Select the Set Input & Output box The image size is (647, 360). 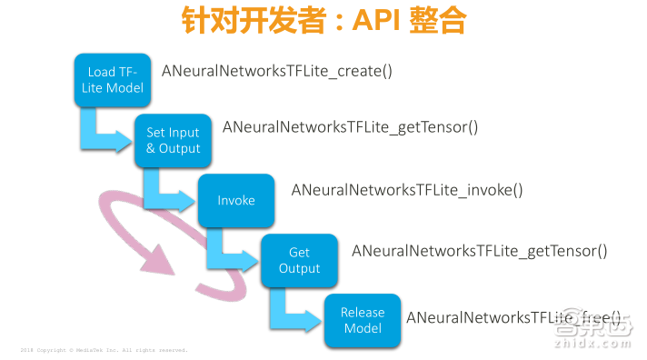pos(173,140)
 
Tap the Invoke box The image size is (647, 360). pos(236,200)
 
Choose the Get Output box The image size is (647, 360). pos(299,261)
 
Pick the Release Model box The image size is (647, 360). pos(363,320)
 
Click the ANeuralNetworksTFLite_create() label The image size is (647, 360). pos(276,70)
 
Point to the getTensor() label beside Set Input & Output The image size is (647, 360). pos(350,127)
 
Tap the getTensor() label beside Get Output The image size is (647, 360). pos(479,250)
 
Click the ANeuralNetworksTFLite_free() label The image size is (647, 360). pos(514,317)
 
